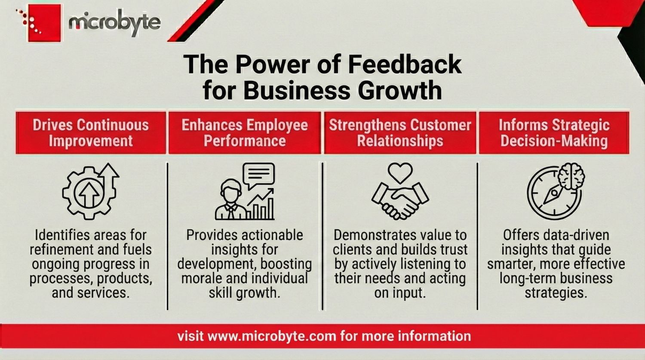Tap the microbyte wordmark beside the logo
pos(114,23)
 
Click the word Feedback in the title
pos(404,65)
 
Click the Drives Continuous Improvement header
pos(91,132)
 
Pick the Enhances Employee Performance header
pos(245,132)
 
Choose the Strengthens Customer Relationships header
pos(400,132)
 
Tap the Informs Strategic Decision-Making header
pos(554,132)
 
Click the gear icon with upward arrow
pos(89,192)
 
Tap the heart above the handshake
pos(400,173)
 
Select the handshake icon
pos(400,199)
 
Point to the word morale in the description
pos(201,278)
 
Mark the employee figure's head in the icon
pos(230,190)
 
